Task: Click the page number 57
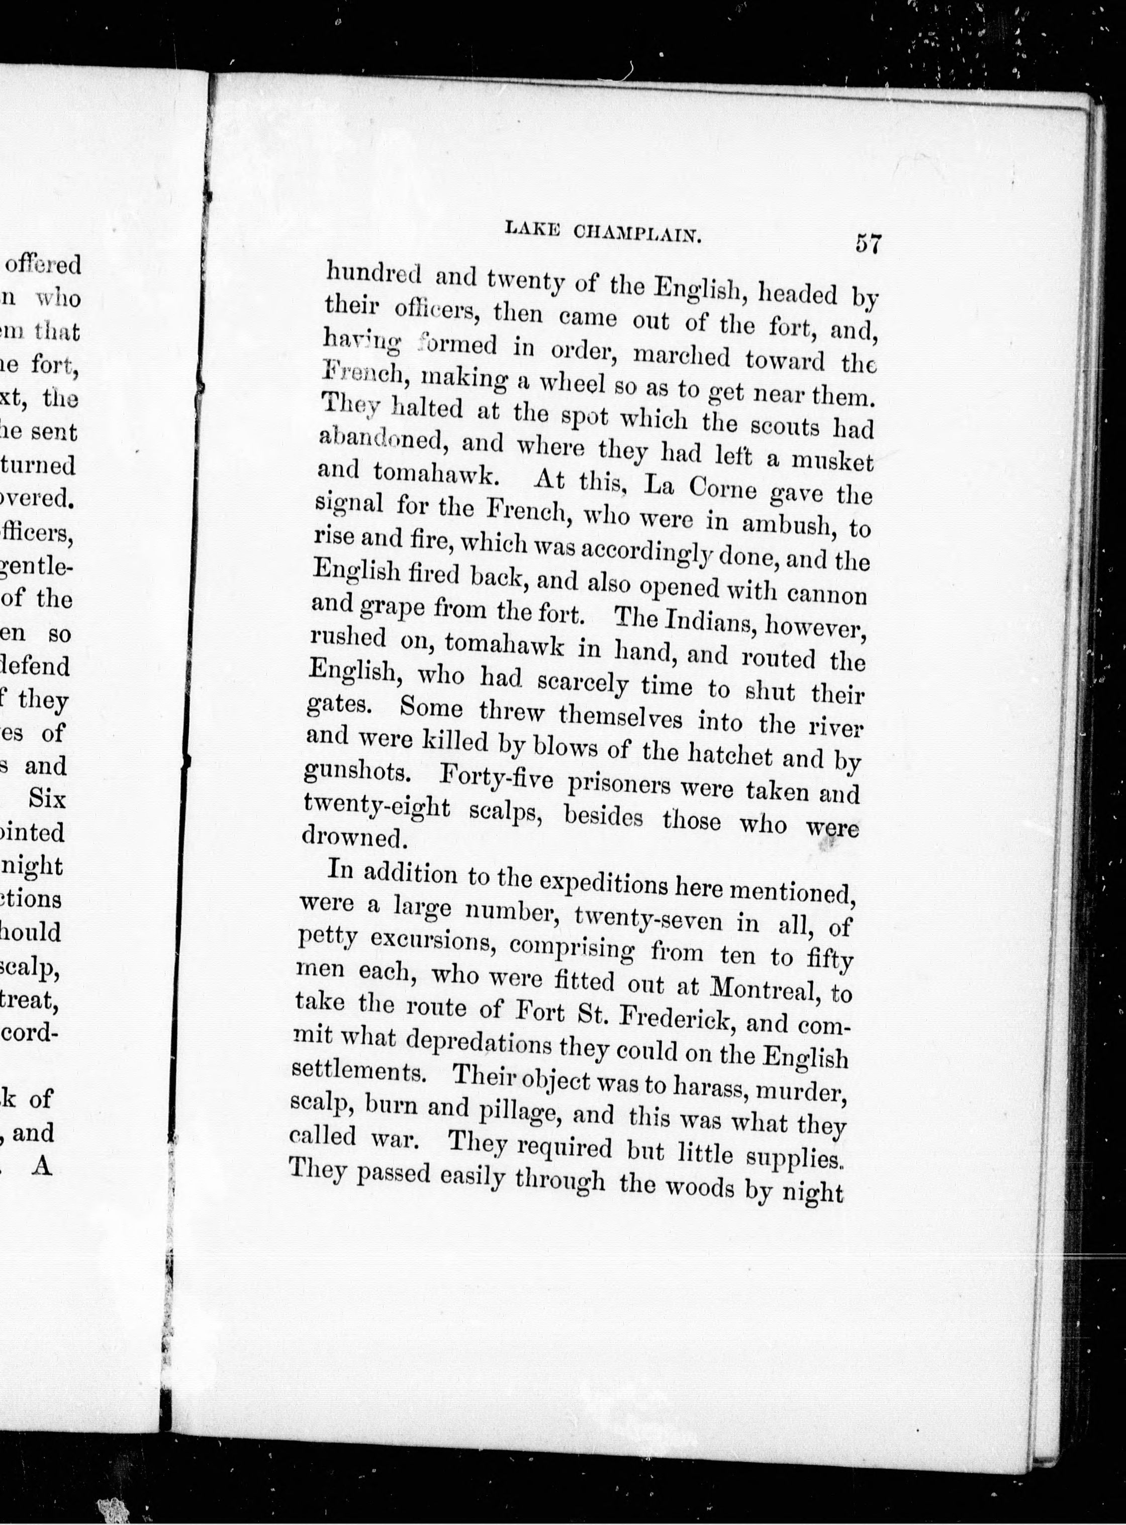pyautogui.click(x=868, y=243)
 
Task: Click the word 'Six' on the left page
pyautogui.click(x=46, y=799)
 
